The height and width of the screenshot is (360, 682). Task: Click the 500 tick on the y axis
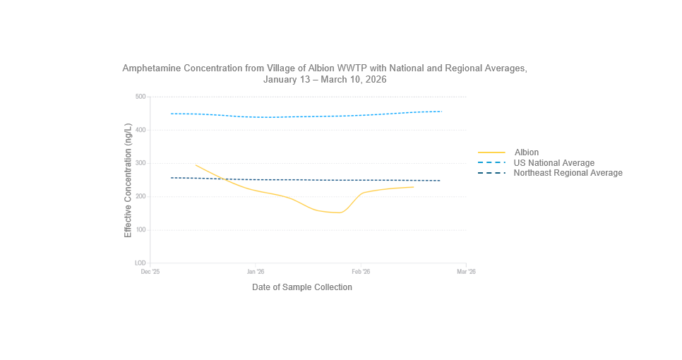(x=140, y=97)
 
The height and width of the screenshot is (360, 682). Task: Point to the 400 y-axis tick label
(x=140, y=130)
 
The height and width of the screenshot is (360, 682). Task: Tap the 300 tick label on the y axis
(x=140, y=163)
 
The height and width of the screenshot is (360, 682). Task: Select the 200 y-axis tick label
(x=140, y=196)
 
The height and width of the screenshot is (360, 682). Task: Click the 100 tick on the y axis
(x=140, y=230)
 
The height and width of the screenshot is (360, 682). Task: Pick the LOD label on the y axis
(x=140, y=263)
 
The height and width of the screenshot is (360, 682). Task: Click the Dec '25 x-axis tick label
(x=150, y=271)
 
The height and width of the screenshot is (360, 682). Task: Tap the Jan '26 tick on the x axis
(x=256, y=271)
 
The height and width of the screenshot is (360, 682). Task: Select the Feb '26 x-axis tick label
(x=361, y=271)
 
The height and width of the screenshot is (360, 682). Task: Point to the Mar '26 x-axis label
(x=466, y=271)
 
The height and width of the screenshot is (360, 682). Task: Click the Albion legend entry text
(x=526, y=152)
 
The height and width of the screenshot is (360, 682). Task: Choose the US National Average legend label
(x=554, y=163)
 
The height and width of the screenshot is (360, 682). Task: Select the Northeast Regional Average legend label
(x=568, y=173)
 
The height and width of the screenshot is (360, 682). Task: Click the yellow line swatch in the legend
(x=492, y=152)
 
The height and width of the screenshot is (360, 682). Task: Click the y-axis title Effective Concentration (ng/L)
(x=128, y=180)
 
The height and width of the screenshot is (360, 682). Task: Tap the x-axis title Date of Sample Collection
(x=301, y=287)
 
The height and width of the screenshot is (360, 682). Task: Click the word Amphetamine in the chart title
(x=152, y=68)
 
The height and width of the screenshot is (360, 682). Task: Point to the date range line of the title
(x=325, y=80)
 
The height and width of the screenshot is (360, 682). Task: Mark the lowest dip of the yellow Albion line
(x=340, y=212)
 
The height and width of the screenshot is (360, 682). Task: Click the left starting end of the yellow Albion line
(x=196, y=165)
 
